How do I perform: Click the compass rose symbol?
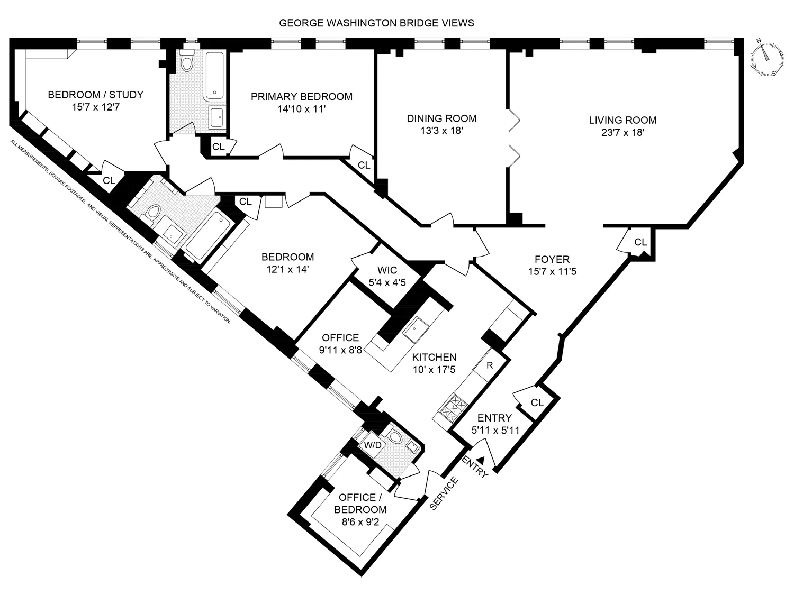click(x=765, y=58)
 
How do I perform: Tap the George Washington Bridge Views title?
click(x=376, y=23)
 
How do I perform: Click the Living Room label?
click(x=622, y=120)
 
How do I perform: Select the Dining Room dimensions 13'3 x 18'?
click(x=441, y=131)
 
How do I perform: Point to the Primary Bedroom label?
click(x=301, y=97)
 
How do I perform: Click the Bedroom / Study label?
click(x=95, y=95)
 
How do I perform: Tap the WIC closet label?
click(x=386, y=270)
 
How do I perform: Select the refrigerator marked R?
click(x=490, y=365)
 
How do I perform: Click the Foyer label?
click(x=552, y=259)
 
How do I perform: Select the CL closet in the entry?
click(x=537, y=402)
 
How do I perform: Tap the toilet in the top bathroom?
click(x=186, y=64)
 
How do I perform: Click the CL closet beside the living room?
click(x=640, y=242)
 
